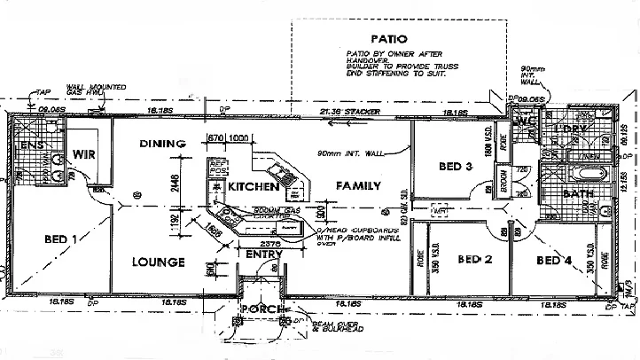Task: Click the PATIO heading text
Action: [389, 39]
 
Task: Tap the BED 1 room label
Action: [62, 238]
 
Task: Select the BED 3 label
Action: [456, 166]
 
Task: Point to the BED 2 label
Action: [474, 260]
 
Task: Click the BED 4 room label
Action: [554, 260]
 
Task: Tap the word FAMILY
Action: [357, 186]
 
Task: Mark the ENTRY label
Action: [264, 254]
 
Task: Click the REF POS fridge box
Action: [218, 167]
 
